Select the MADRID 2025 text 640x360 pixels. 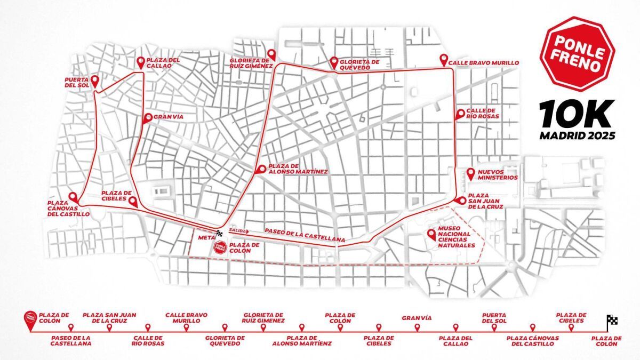[x=577, y=135]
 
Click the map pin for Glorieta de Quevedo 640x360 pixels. [x=334, y=61]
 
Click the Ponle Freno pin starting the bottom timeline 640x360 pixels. [x=31, y=318]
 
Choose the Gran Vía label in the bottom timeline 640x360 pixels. [x=416, y=318]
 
